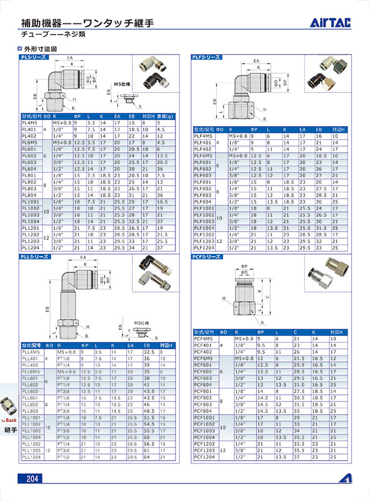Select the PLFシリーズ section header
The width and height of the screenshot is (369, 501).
click(x=206, y=58)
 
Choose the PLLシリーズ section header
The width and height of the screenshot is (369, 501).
click(x=36, y=257)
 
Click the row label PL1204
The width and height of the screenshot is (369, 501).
click(x=29, y=248)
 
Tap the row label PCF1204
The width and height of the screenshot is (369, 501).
click(x=204, y=456)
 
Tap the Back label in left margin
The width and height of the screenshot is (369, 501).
click(x=10, y=420)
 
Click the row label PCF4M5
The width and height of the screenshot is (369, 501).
click(x=204, y=339)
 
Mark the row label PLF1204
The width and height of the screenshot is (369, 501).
click(x=204, y=248)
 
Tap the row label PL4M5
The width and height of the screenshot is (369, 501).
click(x=29, y=123)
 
